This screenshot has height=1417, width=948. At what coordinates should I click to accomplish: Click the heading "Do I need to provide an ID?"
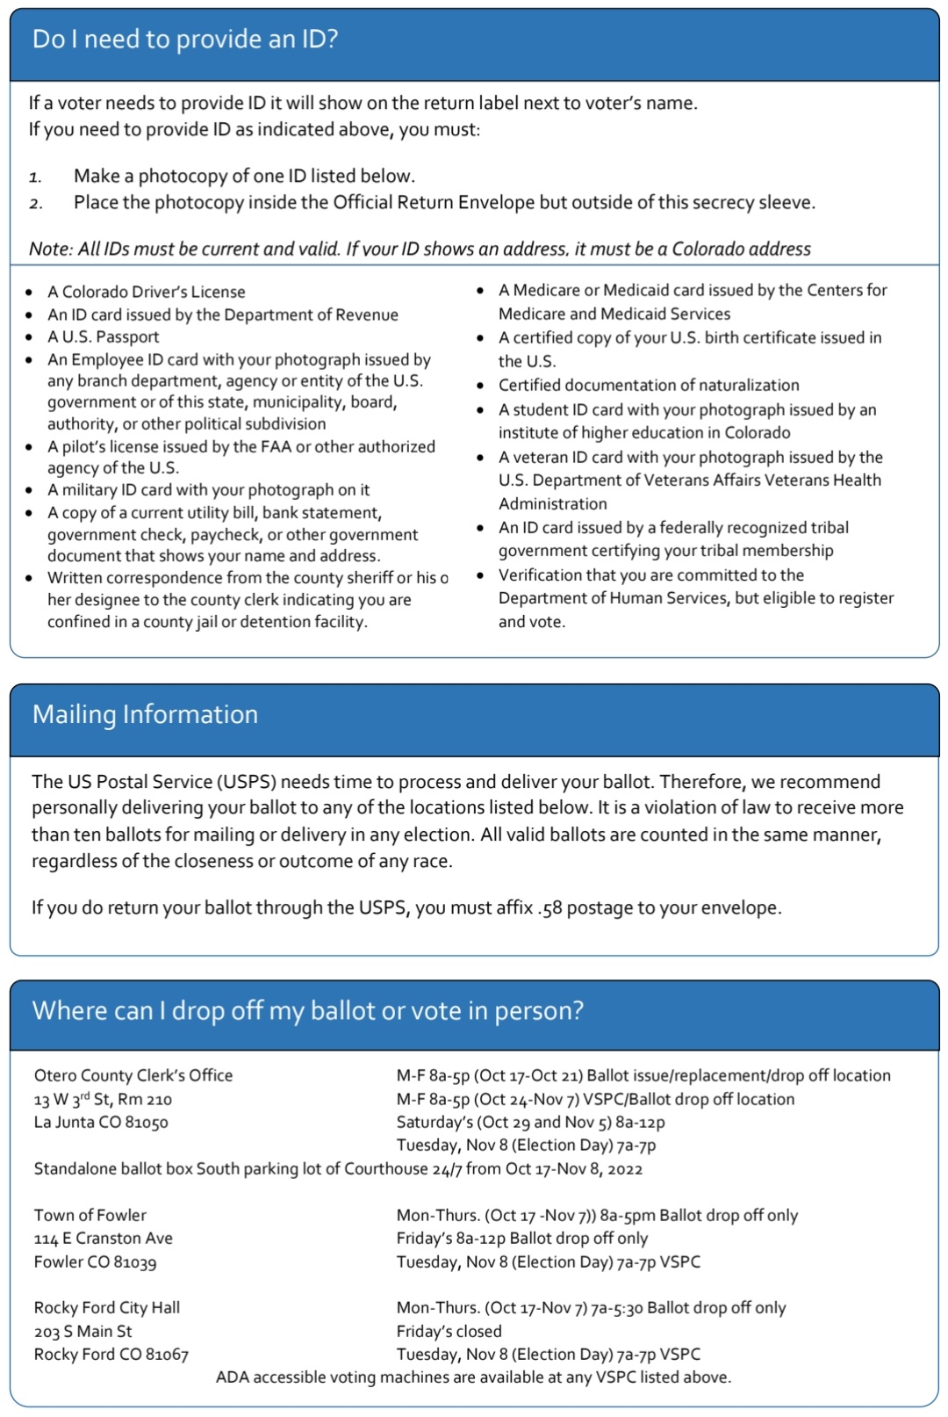tap(184, 40)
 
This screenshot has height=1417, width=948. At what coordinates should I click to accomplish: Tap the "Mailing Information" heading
tap(145, 714)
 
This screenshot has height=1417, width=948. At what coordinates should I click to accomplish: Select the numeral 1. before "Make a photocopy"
tap(35, 177)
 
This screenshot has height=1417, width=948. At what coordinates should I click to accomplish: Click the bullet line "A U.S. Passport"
tap(104, 336)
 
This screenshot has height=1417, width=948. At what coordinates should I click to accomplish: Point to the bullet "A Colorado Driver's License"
tap(146, 292)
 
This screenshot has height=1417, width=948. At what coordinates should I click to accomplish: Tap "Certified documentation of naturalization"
tap(649, 385)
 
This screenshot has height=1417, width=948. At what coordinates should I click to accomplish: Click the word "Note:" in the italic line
tap(50, 249)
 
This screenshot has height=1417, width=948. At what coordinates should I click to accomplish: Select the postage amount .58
tap(549, 907)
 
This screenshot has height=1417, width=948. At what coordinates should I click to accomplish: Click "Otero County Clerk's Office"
tap(133, 1075)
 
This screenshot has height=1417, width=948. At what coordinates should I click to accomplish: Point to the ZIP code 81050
tap(146, 1122)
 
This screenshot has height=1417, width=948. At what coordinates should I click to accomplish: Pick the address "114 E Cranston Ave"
tap(104, 1238)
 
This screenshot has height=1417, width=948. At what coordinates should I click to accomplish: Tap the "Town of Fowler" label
tap(90, 1215)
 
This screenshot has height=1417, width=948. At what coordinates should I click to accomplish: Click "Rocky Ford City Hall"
tap(107, 1307)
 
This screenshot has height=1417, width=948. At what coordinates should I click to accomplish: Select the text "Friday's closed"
tap(449, 1331)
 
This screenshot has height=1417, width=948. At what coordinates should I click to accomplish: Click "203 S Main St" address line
tap(83, 1331)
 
